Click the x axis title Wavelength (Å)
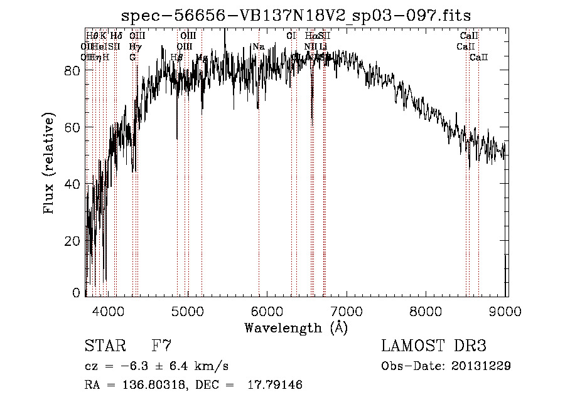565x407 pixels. coord(296,327)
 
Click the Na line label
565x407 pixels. coord(259,46)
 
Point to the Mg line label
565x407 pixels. coord(202,58)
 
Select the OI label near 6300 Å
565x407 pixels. coord(291,36)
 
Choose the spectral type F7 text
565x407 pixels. coord(161,346)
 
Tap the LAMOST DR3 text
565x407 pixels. coord(434,346)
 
